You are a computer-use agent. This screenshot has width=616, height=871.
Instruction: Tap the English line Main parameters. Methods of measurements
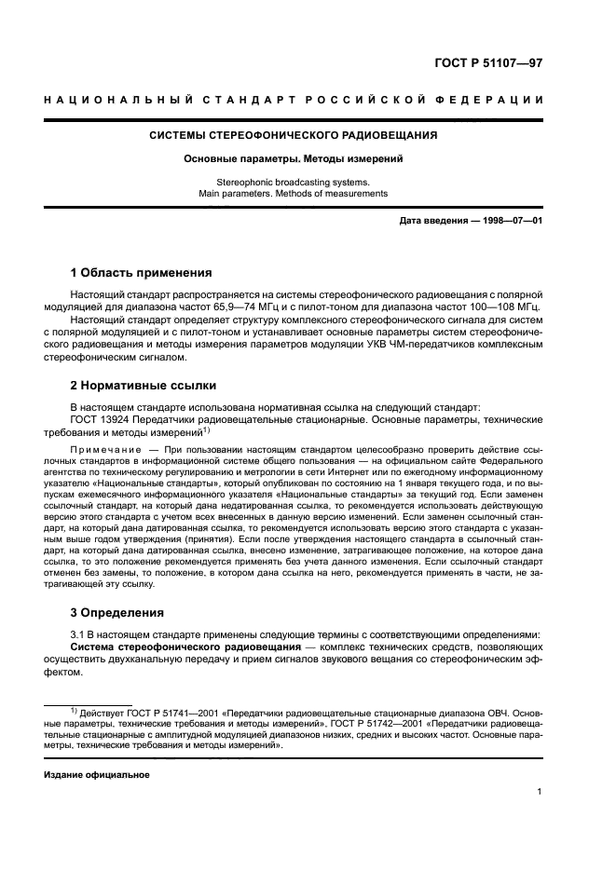(294, 194)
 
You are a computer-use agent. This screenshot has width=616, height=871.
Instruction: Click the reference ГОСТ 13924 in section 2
(102, 420)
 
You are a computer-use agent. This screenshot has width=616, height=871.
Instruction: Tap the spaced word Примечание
(104, 450)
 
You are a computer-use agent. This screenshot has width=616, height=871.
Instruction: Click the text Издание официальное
(97, 774)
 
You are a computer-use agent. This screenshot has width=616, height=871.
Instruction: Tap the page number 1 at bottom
(540, 793)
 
